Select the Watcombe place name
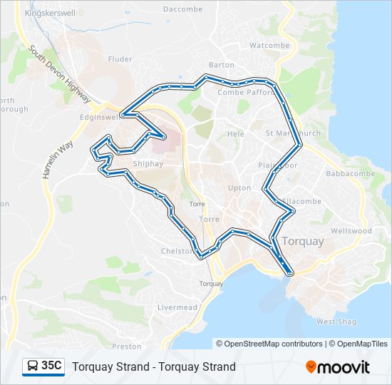coord(269,45)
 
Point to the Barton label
coord(222,65)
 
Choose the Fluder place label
coord(120,59)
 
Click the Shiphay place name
coord(148,163)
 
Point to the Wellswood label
coord(351,231)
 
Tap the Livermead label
coord(176,307)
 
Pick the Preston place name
coord(127,346)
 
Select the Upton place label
coord(239,188)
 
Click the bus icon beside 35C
coord(33,366)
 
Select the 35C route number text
coord(51,366)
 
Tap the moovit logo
coord(338,367)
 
